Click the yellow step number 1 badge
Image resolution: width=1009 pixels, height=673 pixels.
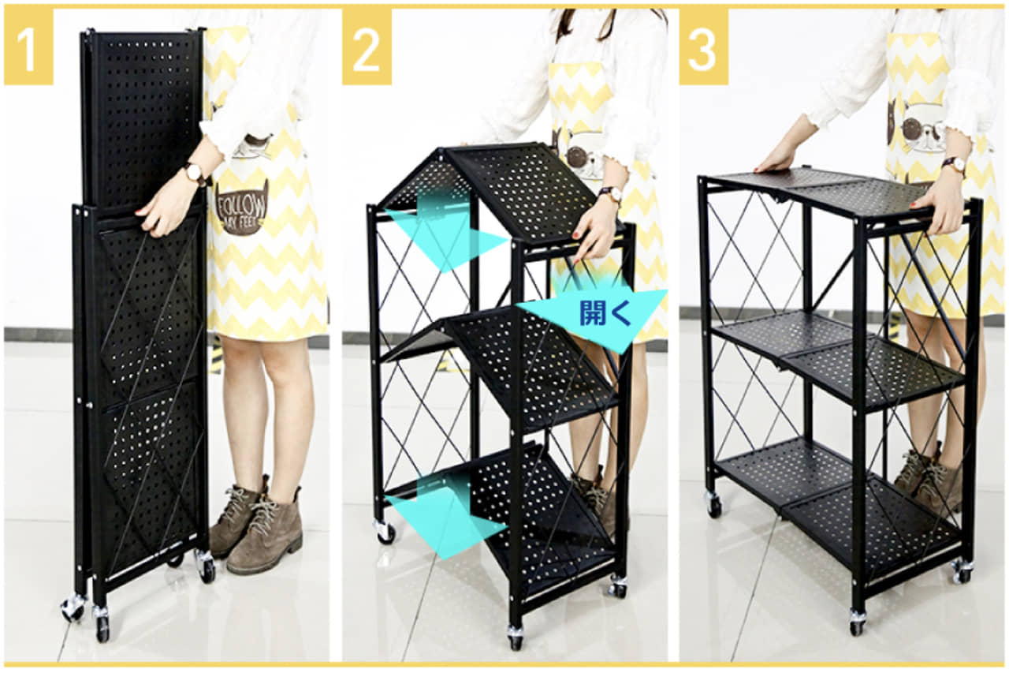tap(29, 47)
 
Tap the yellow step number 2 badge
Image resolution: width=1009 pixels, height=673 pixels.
tap(367, 47)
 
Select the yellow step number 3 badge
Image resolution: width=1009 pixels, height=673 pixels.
tap(704, 47)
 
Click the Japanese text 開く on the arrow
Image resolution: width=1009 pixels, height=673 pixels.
tap(605, 313)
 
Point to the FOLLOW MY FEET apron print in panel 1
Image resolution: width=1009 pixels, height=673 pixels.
tap(241, 208)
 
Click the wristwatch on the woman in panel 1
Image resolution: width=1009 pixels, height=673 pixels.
tap(195, 174)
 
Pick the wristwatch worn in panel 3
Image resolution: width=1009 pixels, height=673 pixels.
tap(953, 165)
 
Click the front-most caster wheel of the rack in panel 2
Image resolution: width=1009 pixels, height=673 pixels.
tap(515, 637)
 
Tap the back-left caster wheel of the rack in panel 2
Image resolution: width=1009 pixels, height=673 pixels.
tap(385, 531)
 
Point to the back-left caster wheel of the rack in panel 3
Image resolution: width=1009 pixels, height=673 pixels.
tap(713, 504)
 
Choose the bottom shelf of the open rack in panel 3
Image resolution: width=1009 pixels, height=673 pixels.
tap(837, 500)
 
